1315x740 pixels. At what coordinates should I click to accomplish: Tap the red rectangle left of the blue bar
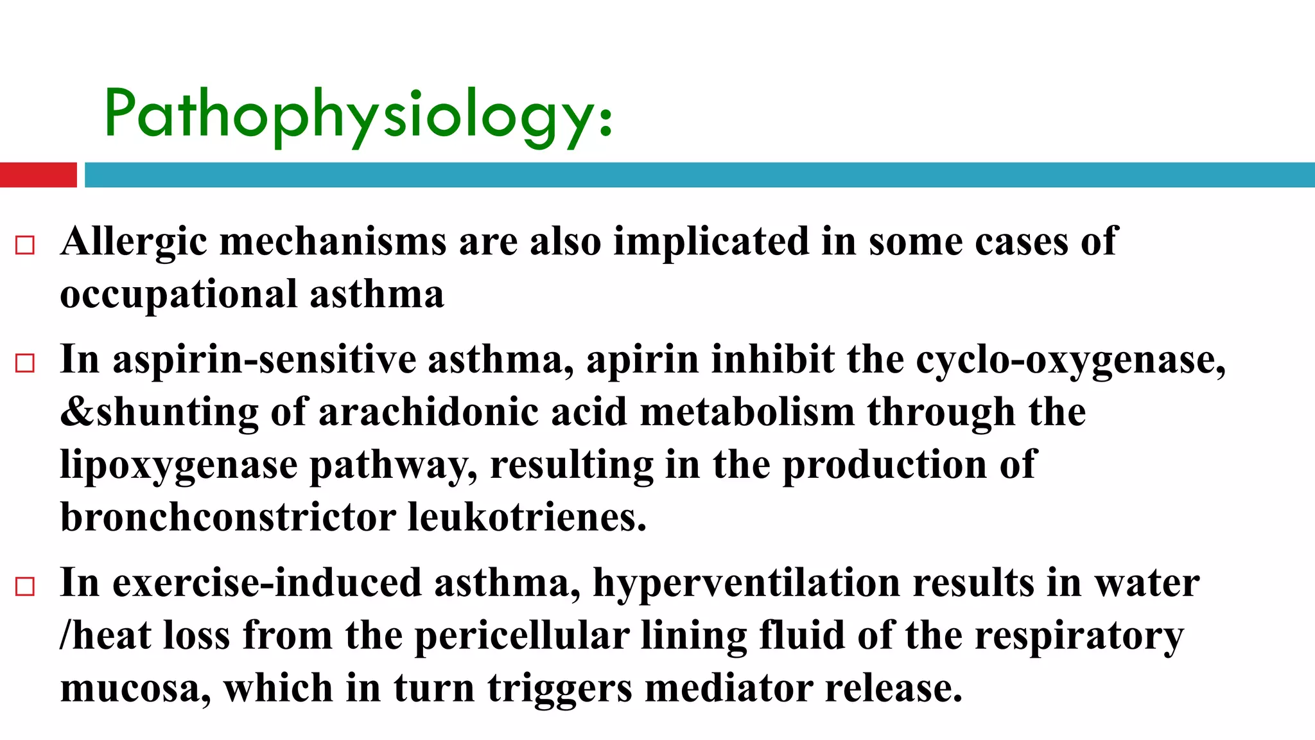[38, 175]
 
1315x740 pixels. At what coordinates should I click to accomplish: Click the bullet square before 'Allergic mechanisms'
[24, 245]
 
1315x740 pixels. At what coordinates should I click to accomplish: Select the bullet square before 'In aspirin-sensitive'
[24, 363]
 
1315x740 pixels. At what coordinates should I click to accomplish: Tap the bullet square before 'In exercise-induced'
[24, 586]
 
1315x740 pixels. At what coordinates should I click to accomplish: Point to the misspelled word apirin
[642, 360]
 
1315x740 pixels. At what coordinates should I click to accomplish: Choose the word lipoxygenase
[179, 465]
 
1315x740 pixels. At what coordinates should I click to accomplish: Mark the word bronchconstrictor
[227, 518]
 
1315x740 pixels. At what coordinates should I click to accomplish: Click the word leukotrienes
[527, 518]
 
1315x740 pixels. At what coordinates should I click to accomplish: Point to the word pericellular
[521, 636]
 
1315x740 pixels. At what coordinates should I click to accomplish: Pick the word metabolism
[747, 412]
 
